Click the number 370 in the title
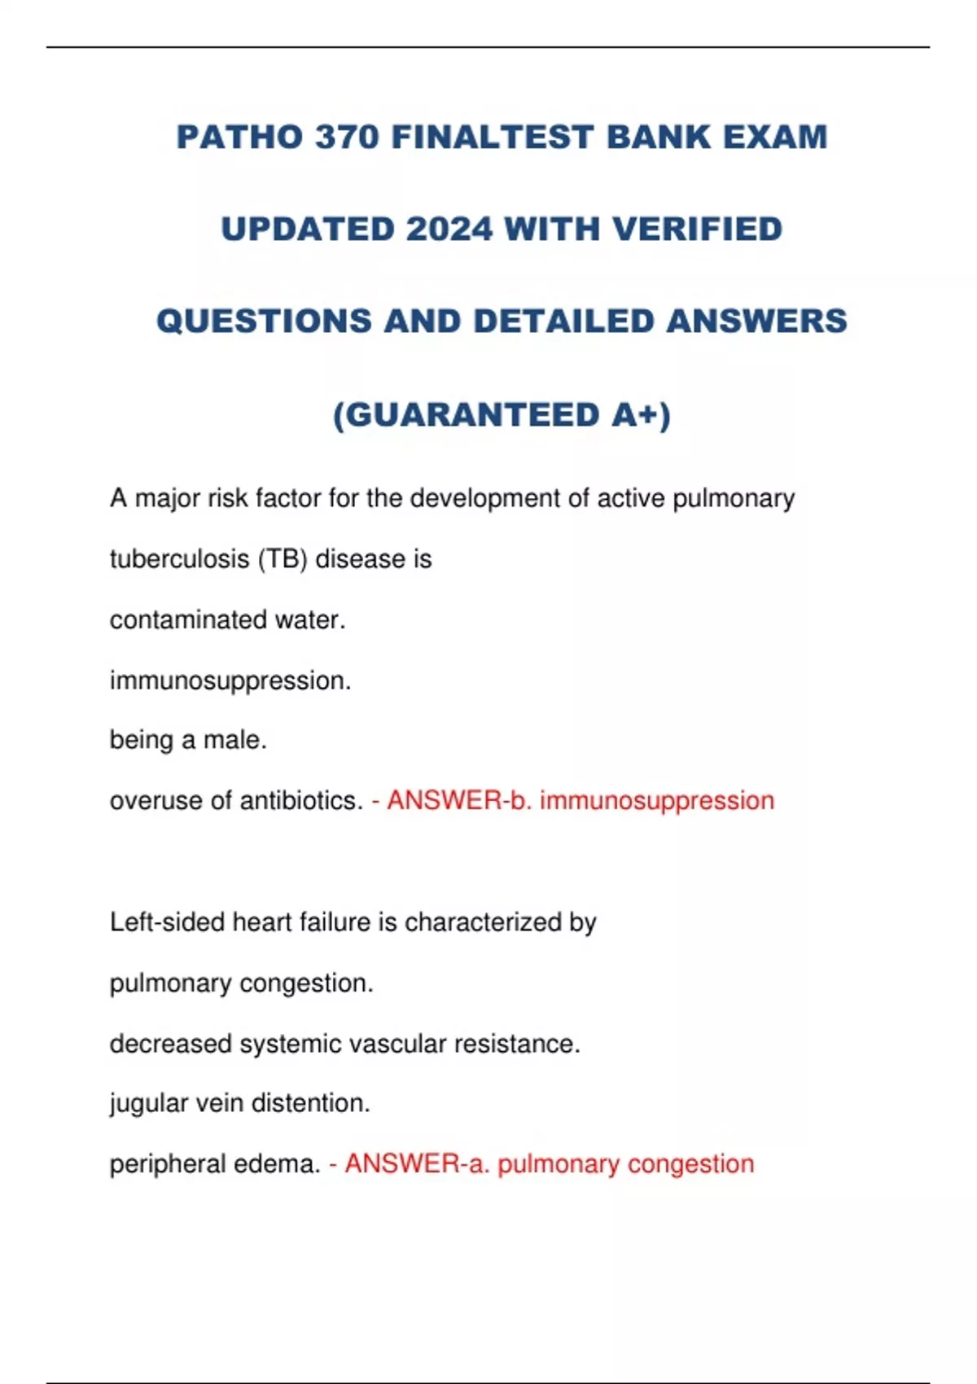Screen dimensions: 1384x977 (x=348, y=137)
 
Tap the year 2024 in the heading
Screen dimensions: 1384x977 (x=449, y=230)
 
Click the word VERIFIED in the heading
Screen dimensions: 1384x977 (x=698, y=230)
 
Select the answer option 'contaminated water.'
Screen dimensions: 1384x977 (x=228, y=620)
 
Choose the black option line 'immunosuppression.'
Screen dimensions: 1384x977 (x=230, y=681)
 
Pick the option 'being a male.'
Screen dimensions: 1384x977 (x=188, y=740)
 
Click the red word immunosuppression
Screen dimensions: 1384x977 (x=657, y=801)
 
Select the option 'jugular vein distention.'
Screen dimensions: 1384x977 (x=240, y=1104)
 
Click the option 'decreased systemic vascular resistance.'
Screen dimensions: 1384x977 (x=345, y=1044)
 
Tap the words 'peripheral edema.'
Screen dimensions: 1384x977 (x=215, y=1164)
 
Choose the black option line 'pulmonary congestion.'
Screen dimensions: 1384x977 (x=242, y=983)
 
